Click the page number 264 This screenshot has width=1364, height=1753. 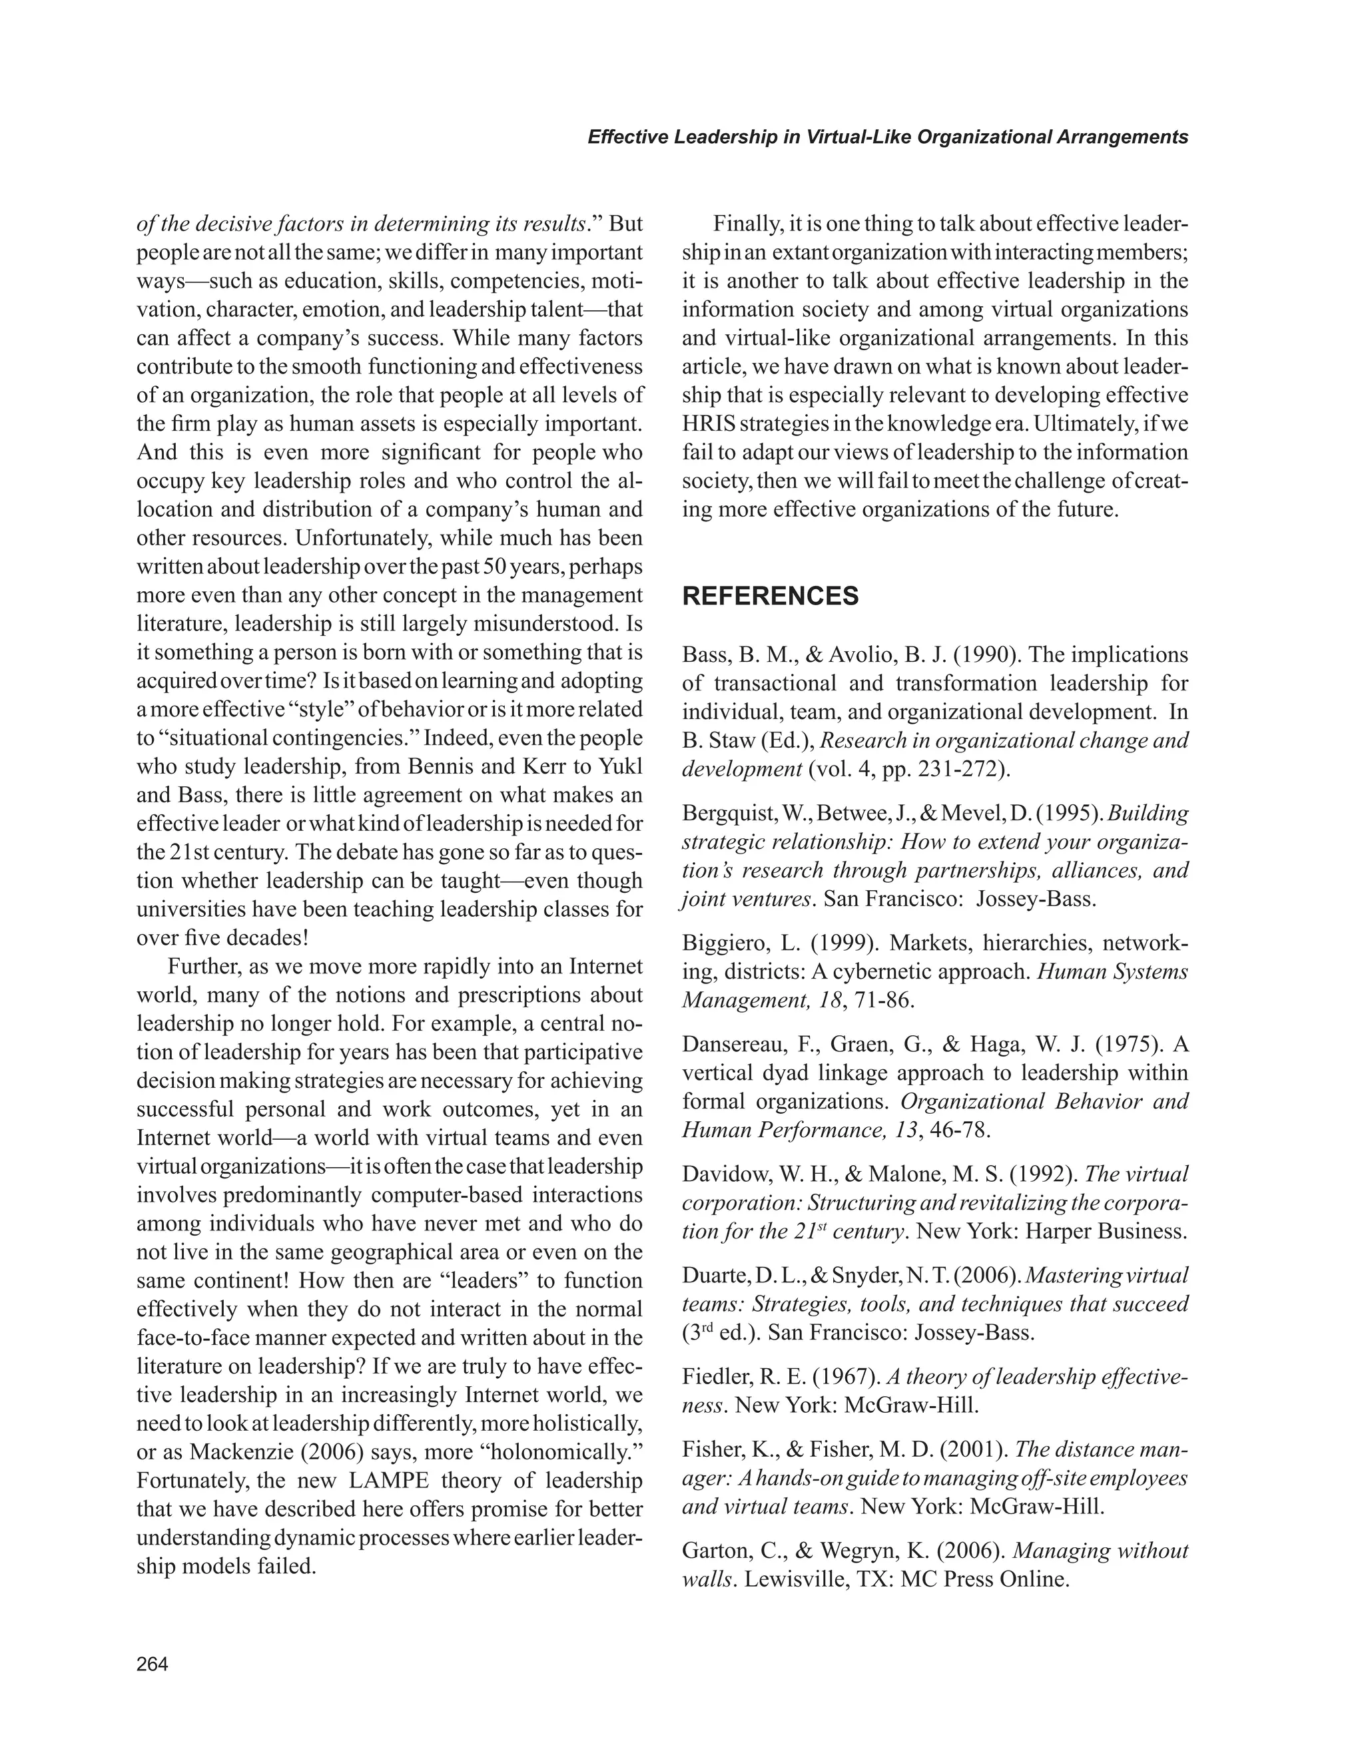tap(153, 1664)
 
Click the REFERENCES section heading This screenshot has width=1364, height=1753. tap(770, 597)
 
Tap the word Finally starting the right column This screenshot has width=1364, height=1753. tap(743, 224)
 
